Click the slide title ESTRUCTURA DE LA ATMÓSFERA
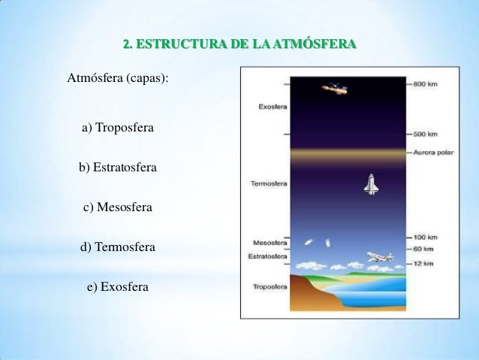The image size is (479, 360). [239, 45]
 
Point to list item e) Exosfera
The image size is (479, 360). [118, 287]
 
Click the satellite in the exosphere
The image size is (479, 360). [335, 89]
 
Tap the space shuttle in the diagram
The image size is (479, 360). [370, 184]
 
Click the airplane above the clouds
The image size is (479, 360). [380, 257]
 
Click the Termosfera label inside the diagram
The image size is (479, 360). [267, 183]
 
